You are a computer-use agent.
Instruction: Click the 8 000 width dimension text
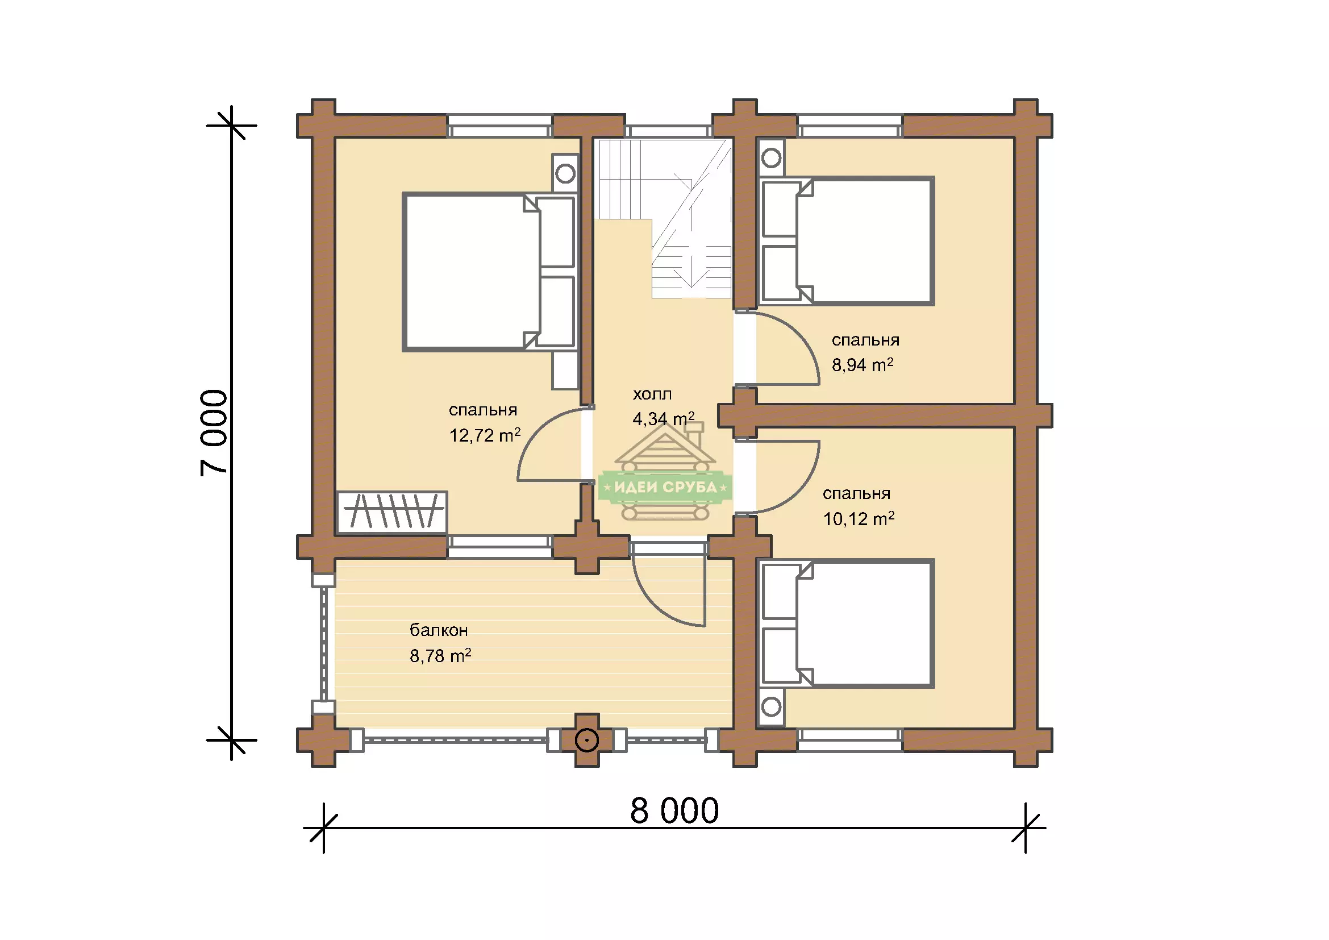click(x=674, y=811)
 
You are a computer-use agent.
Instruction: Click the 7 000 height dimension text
click(x=214, y=433)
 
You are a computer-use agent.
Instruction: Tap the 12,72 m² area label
click(x=485, y=435)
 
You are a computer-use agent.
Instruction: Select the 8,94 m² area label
click(x=863, y=365)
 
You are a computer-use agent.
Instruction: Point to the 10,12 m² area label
click(x=859, y=518)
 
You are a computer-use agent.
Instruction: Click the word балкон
click(x=439, y=630)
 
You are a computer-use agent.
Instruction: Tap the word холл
click(x=652, y=394)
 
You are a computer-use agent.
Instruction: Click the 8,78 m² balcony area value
click(x=440, y=655)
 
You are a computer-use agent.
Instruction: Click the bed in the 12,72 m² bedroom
click(x=490, y=272)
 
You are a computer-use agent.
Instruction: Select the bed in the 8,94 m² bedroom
click(x=847, y=241)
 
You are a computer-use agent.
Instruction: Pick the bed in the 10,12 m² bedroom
click(x=847, y=623)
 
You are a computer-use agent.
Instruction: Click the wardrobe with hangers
click(x=392, y=512)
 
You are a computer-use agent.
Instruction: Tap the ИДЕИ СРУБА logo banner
click(x=666, y=487)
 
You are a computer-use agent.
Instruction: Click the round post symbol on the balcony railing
click(x=587, y=741)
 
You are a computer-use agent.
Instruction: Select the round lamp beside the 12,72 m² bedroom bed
click(x=565, y=173)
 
